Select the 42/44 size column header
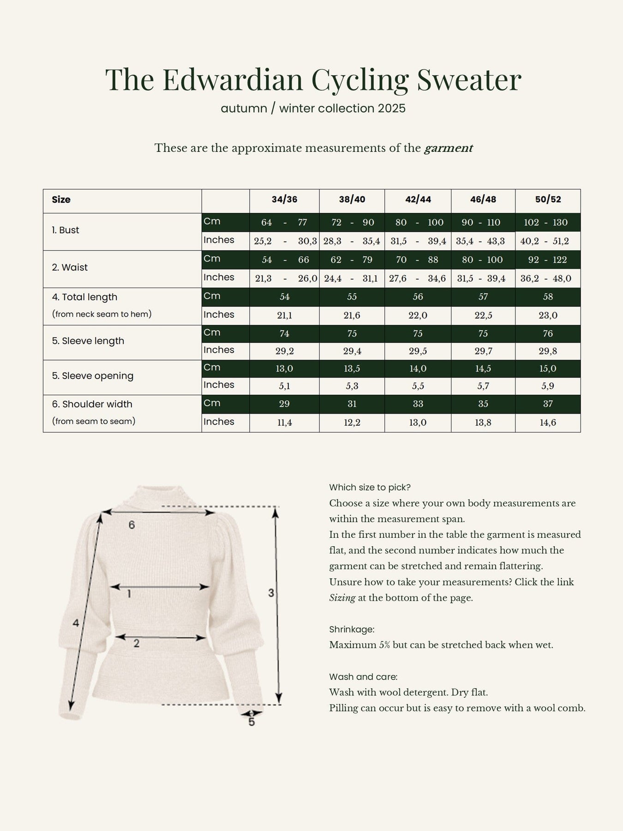pyautogui.click(x=418, y=199)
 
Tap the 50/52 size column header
pyautogui.click(x=548, y=199)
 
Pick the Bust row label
pyautogui.click(x=66, y=230)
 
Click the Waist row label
pyautogui.click(x=70, y=267)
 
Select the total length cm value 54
pyautogui.click(x=284, y=297)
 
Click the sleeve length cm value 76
pyautogui.click(x=548, y=334)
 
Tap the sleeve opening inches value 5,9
pyautogui.click(x=548, y=386)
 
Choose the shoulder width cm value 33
pyautogui.click(x=418, y=404)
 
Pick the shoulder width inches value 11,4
pyautogui.click(x=284, y=422)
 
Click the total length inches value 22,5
pyautogui.click(x=483, y=315)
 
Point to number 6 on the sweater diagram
pyautogui.click(x=132, y=525)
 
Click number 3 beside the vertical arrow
pyautogui.click(x=271, y=593)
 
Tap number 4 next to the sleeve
pyautogui.click(x=76, y=623)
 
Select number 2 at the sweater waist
pyautogui.click(x=137, y=643)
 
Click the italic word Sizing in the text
pyautogui.click(x=342, y=598)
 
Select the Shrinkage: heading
pyautogui.click(x=352, y=629)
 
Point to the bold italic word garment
pyautogui.click(x=449, y=148)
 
